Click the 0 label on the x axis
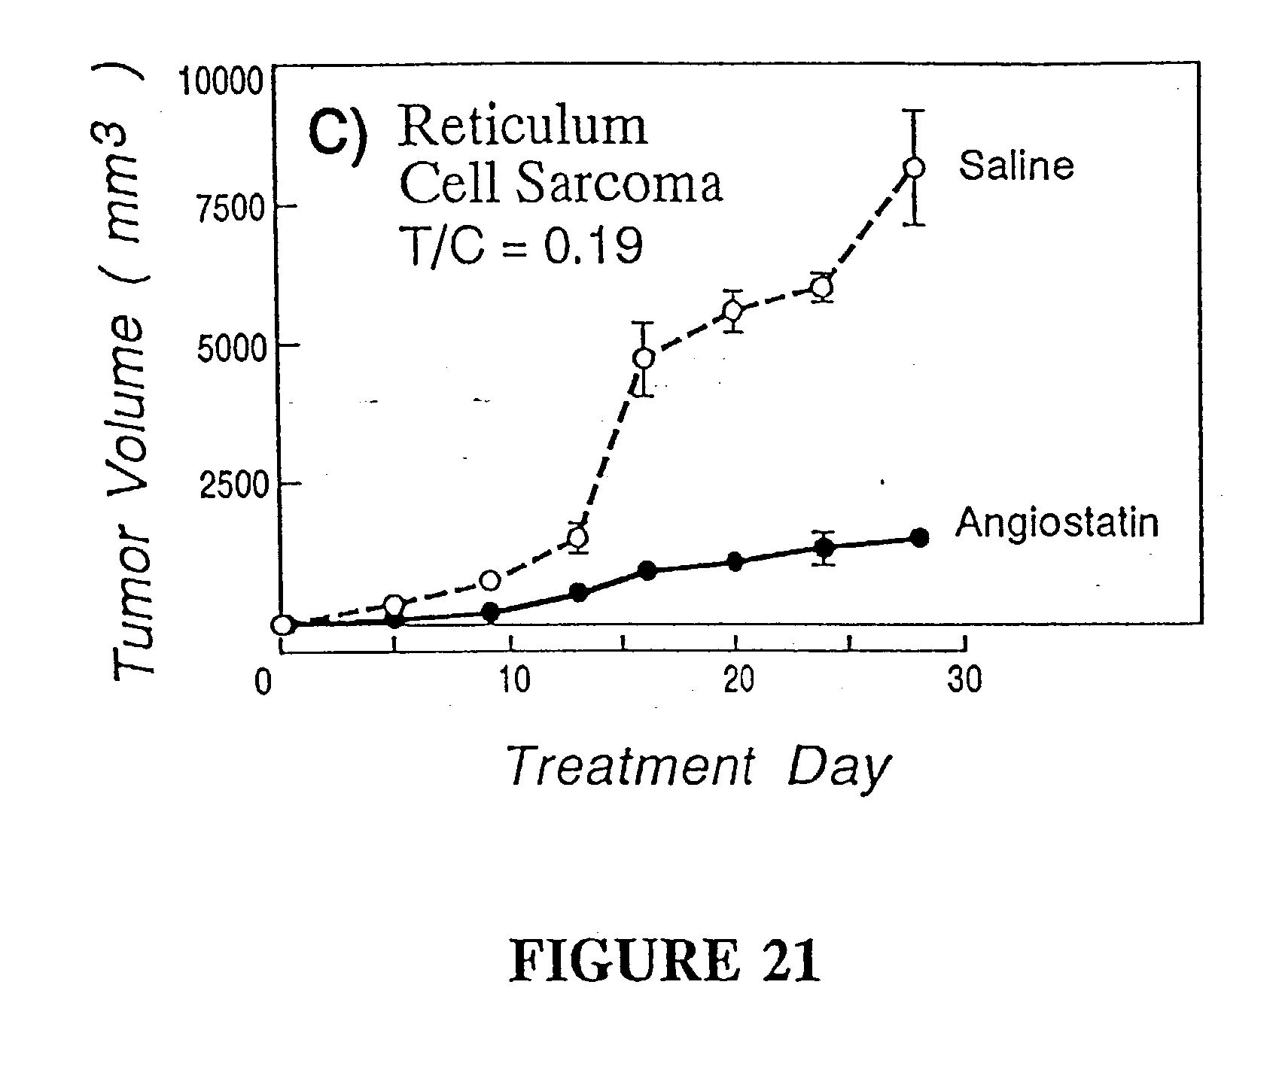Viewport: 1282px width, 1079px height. coord(263,682)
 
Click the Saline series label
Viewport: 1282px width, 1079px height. coord(1016,166)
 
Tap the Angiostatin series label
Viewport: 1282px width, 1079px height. coord(1056,523)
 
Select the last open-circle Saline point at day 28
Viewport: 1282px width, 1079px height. coord(914,168)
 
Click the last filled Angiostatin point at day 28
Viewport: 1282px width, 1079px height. coord(919,537)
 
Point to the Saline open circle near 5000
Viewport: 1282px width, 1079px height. coord(644,358)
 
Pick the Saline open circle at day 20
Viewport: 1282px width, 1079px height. coord(732,311)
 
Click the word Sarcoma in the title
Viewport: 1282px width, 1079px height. coord(620,185)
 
